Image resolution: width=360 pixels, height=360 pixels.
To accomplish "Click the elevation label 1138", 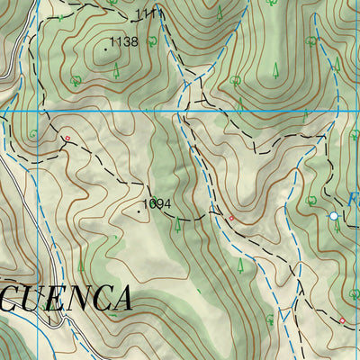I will pyautogui.click(x=123, y=41).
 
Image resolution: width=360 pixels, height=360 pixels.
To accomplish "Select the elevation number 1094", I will pyautogui.click(x=157, y=203).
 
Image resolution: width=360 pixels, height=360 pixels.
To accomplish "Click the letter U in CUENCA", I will pyautogui.click(x=31, y=298).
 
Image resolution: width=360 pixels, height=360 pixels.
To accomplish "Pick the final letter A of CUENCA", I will pyautogui.click(x=121, y=298).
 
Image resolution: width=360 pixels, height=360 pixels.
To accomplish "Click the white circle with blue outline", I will pyautogui.click(x=334, y=216).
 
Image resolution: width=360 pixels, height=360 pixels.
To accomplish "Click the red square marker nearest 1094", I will pyautogui.click(x=231, y=218).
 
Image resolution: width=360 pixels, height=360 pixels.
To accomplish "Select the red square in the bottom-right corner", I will pyautogui.click(x=342, y=320).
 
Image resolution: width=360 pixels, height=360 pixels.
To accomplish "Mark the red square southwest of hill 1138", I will pyautogui.click(x=67, y=138).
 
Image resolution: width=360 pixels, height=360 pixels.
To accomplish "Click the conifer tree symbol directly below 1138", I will pyautogui.click(x=115, y=70).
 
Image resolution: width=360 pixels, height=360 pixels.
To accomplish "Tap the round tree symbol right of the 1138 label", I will pyautogui.click(x=154, y=41).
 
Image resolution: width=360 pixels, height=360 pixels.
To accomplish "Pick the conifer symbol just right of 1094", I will pyautogui.click(x=178, y=225).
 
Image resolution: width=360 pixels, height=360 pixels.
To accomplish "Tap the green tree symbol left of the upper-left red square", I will pyautogui.click(x=34, y=135).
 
